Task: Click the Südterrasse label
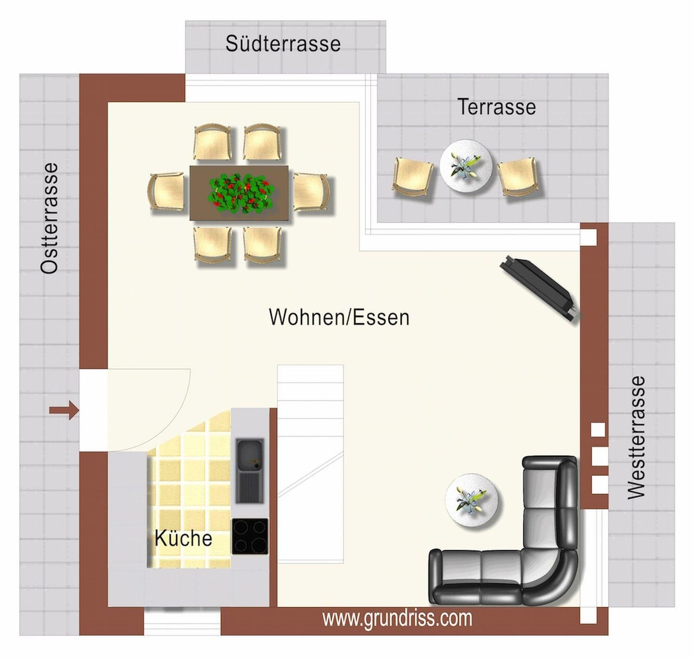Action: (x=283, y=44)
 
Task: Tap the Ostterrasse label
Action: (x=49, y=218)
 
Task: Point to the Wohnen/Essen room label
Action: (x=339, y=317)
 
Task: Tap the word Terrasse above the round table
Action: (x=496, y=106)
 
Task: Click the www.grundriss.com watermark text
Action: (x=397, y=618)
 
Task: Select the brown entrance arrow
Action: (x=64, y=410)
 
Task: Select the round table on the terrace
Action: (x=466, y=166)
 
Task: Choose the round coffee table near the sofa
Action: (x=472, y=500)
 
